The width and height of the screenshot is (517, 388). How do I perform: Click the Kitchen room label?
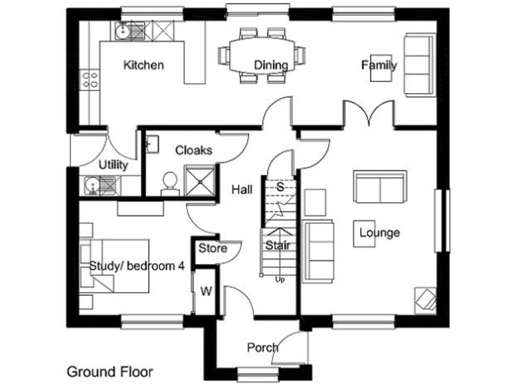pos(143,65)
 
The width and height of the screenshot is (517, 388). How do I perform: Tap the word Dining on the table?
pos(271,65)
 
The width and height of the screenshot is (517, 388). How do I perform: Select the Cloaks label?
pos(193,150)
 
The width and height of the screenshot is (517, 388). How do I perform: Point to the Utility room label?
pos(113,165)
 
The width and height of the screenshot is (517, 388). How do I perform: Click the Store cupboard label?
pos(213,248)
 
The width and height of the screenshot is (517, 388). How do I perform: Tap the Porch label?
pos(263,348)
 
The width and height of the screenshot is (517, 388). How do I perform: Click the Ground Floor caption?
pos(110,372)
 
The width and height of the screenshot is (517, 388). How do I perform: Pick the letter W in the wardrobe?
pos(206,291)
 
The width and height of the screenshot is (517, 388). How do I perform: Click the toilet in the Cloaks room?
pos(170,184)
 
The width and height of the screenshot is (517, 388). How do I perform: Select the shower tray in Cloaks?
pos(200,181)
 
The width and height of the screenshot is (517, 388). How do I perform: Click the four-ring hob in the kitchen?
pos(90,80)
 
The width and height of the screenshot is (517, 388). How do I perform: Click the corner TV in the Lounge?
pos(425,301)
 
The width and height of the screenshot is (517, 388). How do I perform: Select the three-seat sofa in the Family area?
pos(420,65)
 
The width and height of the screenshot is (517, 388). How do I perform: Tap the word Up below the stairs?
pos(280,280)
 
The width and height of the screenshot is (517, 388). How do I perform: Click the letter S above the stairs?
pos(280,187)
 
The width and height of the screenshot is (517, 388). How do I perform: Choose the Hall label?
pos(242,190)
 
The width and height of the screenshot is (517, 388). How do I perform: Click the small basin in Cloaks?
pos(153,144)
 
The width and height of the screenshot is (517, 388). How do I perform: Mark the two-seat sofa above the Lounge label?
pos(380,186)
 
